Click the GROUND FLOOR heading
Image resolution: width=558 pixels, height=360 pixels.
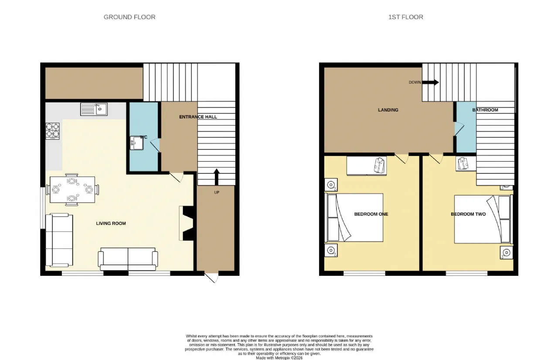[x=129, y=17]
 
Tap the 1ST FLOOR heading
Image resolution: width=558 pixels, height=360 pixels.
[x=405, y=17]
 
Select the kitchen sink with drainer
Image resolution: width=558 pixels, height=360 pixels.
[x=94, y=109]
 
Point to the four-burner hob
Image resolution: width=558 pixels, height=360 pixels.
[x=53, y=131]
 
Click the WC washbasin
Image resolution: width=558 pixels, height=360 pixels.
[x=136, y=143]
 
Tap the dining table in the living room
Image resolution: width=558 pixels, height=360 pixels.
[x=72, y=190]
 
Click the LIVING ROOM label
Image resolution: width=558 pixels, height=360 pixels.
[x=111, y=223]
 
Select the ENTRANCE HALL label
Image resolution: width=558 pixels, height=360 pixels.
[x=198, y=117]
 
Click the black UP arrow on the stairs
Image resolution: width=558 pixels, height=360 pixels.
[x=217, y=177]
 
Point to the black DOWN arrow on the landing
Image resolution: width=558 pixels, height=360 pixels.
[x=430, y=82]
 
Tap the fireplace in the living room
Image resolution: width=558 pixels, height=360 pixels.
[x=186, y=223]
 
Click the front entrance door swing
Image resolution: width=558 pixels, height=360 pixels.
[x=212, y=278]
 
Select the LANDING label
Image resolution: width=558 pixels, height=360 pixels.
[x=388, y=110]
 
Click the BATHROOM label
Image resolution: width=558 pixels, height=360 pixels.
[x=485, y=110]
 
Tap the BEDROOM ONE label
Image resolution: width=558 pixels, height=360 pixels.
[x=371, y=214]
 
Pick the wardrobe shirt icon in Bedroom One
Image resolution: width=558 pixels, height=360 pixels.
[x=379, y=165]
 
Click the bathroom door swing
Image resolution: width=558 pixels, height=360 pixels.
[x=459, y=129]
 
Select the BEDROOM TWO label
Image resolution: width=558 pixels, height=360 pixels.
[x=468, y=214]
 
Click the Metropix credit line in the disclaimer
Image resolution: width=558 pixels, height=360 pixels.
[x=279, y=358]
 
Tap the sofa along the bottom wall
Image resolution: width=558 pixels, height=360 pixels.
[x=128, y=259]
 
